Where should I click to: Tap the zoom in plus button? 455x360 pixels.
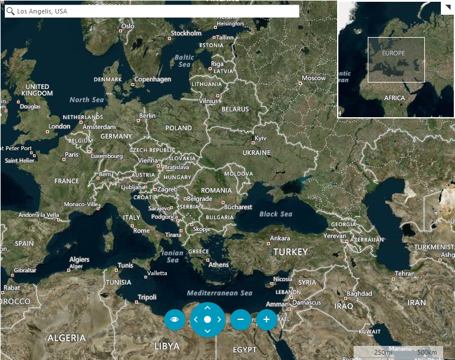pyautogui.click(x=266, y=319)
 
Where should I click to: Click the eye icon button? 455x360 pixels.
pyautogui.click(x=174, y=319)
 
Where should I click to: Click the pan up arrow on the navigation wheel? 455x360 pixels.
pyautogui.click(x=207, y=308)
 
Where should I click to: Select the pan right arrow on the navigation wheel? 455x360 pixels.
pyautogui.click(x=219, y=319)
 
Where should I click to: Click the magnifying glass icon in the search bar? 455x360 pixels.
pyautogui.click(x=10, y=11)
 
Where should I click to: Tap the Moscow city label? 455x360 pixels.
pyautogui.click(x=314, y=78)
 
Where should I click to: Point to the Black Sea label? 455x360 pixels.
pyautogui.click(x=276, y=214)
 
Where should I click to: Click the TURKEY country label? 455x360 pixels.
pyautogui.click(x=290, y=252)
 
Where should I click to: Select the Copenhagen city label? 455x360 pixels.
pyautogui.click(x=152, y=79)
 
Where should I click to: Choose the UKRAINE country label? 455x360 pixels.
pyautogui.click(x=256, y=153)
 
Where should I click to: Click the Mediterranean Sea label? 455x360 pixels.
pyautogui.click(x=219, y=293)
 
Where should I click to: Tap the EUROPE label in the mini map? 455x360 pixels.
pyautogui.click(x=393, y=53)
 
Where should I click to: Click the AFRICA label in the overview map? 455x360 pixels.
pyautogui.click(x=394, y=98)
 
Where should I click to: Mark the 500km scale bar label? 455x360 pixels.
pyautogui.click(x=426, y=352)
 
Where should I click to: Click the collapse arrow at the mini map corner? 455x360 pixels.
pyautogui.click(x=448, y=8)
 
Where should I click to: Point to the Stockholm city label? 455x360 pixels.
pyautogui.click(x=186, y=33)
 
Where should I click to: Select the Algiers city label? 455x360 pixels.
pyautogui.click(x=80, y=259)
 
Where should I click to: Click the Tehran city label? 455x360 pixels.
pyautogui.click(x=405, y=273)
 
